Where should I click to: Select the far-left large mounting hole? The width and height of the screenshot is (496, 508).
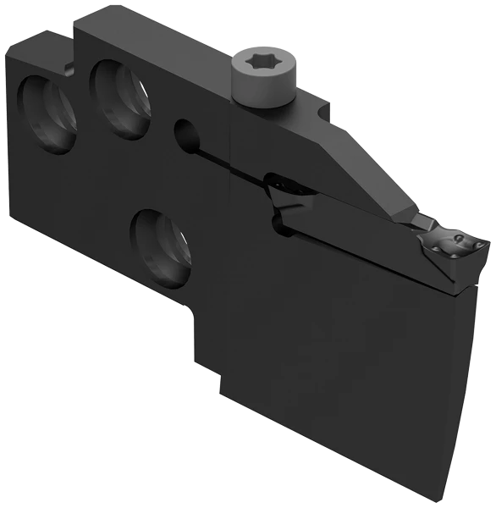pos(47,114)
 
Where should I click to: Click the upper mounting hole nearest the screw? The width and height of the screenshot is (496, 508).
pos(121,99)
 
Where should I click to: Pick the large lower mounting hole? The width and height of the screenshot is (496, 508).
pos(161,246)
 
